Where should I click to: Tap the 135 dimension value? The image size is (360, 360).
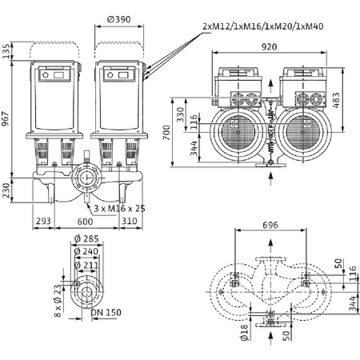click(x=7, y=54)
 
